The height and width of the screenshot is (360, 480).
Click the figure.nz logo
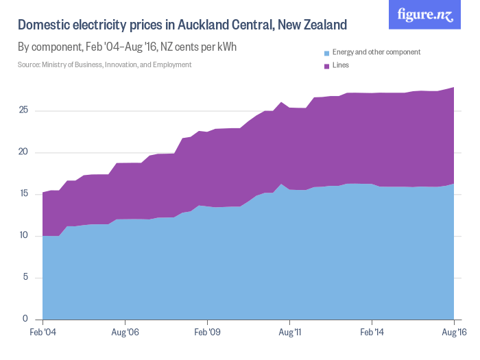pyautogui.click(x=425, y=15)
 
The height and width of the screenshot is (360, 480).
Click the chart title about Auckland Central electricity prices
pyautogui.click(x=182, y=25)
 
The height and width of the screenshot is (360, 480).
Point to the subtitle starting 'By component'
pyautogui.click(x=127, y=47)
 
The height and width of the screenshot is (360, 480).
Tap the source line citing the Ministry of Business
pyautogui.click(x=104, y=64)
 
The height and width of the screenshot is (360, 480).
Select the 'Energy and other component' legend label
pyautogui.click(x=376, y=52)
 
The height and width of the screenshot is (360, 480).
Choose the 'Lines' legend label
pyautogui.click(x=341, y=65)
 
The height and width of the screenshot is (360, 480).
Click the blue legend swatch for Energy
pyautogui.click(x=326, y=53)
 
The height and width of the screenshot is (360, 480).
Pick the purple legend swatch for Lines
pyautogui.click(x=326, y=66)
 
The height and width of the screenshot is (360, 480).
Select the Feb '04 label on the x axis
pyautogui.click(x=43, y=333)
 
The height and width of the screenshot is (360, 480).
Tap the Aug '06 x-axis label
pyautogui.click(x=125, y=333)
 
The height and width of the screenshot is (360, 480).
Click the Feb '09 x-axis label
pyautogui.click(x=207, y=333)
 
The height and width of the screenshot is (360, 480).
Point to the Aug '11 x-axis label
pyautogui.click(x=289, y=333)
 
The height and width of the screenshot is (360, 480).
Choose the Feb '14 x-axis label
pyautogui.click(x=372, y=333)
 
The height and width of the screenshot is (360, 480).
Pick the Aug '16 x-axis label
pyautogui.click(x=453, y=333)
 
